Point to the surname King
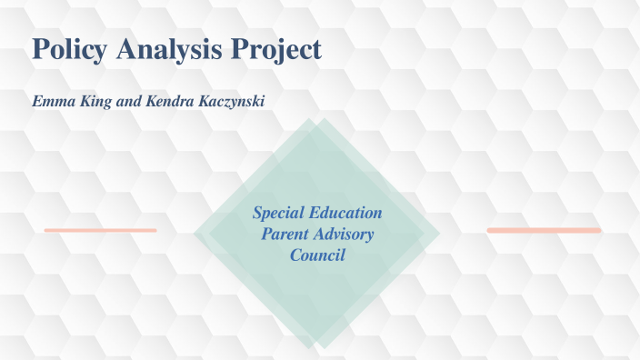pos(96,101)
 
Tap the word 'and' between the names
pos(130,101)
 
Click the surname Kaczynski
pos(230,101)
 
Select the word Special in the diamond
pos(281,214)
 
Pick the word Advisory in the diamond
pos(345,235)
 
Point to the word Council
pos(317,255)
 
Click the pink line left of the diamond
pos(100,230)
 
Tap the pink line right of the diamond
pos(544,230)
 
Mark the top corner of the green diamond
pos(315,119)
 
